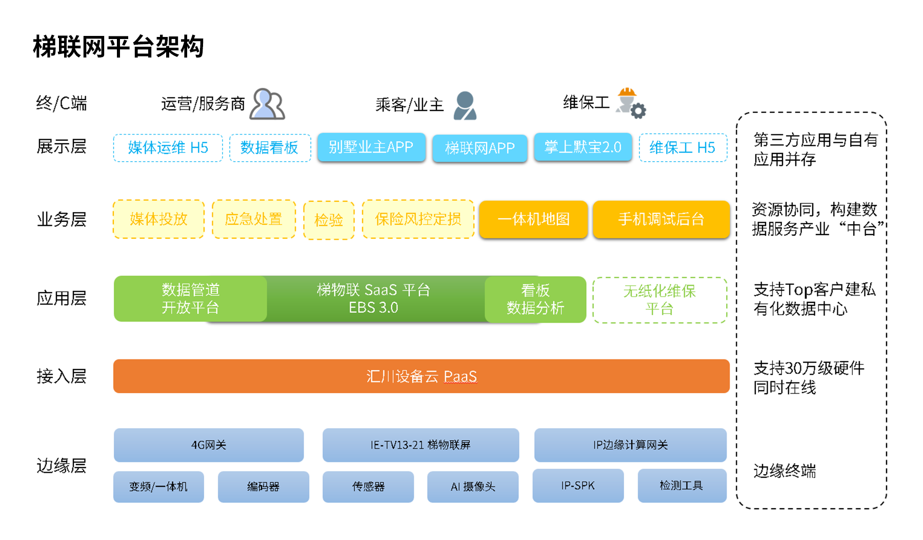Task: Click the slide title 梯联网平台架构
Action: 118,47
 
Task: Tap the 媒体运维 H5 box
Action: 168,148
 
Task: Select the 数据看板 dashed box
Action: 270,148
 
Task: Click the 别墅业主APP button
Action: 371,147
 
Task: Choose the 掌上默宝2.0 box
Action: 583,147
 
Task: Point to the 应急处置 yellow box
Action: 253,219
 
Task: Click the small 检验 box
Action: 329,220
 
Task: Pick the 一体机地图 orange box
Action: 533,219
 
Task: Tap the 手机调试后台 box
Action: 661,219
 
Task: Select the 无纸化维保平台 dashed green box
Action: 659,300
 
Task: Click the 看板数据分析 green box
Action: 535,299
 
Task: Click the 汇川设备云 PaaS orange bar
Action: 421,376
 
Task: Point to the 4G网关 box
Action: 209,445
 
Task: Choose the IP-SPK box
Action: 578,486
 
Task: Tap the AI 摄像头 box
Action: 472,487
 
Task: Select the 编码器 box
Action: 263,487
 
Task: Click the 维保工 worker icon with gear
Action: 630,103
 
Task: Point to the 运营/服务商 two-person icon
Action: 267,104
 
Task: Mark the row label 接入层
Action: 62,376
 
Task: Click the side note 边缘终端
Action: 784,471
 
